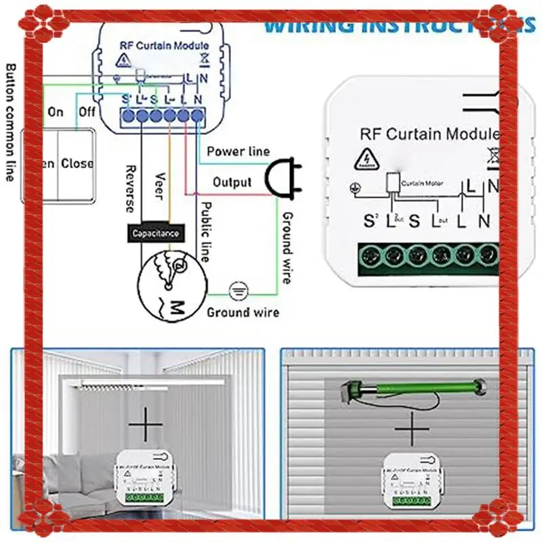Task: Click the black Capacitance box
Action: click(156, 233)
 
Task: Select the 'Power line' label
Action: click(238, 152)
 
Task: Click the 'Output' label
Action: click(232, 182)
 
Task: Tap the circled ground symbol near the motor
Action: click(237, 290)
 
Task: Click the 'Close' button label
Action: click(77, 163)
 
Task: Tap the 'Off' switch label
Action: click(87, 112)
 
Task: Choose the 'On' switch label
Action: click(56, 112)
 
